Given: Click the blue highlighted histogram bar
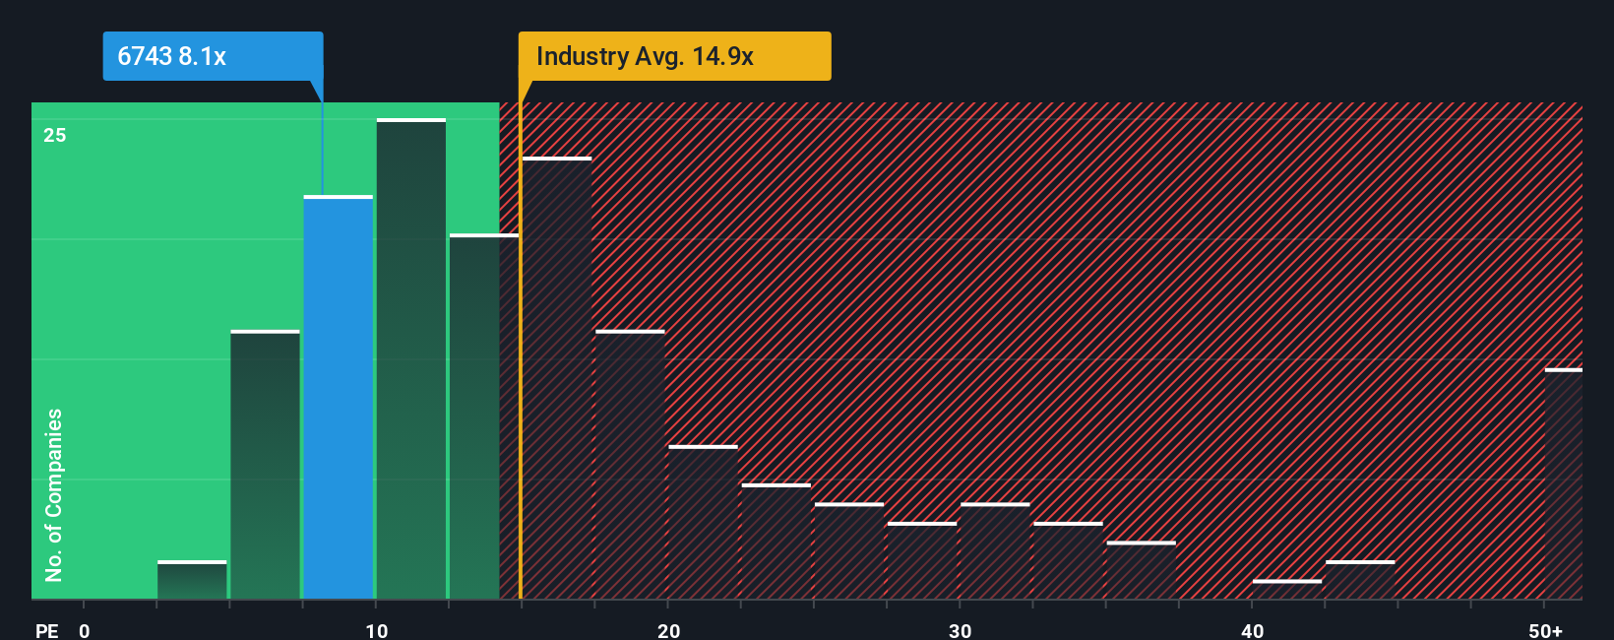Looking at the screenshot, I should click(x=338, y=398).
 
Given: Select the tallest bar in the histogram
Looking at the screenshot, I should click(x=410, y=359).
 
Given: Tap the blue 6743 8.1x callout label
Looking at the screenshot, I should click(x=213, y=56).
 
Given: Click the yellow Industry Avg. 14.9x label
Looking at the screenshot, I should click(x=674, y=56).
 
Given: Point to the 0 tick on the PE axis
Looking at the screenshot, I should click(x=85, y=630).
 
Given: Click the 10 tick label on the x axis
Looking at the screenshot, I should click(x=376, y=630).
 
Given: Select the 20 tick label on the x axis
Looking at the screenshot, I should click(x=668, y=630).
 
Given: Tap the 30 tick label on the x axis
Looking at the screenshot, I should click(x=960, y=630).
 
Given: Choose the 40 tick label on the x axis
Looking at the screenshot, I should click(x=1252, y=630).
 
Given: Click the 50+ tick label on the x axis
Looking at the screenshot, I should click(x=1545, y=630).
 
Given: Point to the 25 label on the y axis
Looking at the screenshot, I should click(x=55, y=135).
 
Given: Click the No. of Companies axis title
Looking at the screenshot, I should click(x=54, y=494).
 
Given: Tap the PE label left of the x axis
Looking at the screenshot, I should click(x=46, y=630).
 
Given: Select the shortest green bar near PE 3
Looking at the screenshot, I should click(x=192, y=581).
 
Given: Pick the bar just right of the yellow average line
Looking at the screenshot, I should click(x=557, y=379).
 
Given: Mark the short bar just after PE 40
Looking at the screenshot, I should click(x=1287, y=589).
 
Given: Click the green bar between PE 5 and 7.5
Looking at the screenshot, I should click(x=265, y=465).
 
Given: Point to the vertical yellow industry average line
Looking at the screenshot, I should click(x=520, y=354).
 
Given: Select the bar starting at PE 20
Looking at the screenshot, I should click(x=703, y=523).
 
